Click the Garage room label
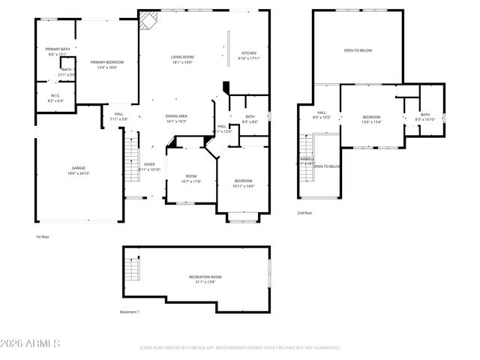click(x=77, y=170)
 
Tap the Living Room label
click(x=182, y=60)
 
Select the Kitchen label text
click(x=247, y=55)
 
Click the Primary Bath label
click(x=57, y=52)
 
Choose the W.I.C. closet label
click(x=55, y=97)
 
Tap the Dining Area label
click(x=176, y=119)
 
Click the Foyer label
click(x=149, y=166)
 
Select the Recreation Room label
click(x=205, y=279)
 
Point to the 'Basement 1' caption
click(x=130, y=312)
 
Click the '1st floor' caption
click(x=43, y=236)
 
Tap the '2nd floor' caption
click(x=304, y=213)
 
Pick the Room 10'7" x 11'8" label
click(x=191, y=178)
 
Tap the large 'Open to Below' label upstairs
click(x=358, y=50)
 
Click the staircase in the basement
click(x=133, y=268)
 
